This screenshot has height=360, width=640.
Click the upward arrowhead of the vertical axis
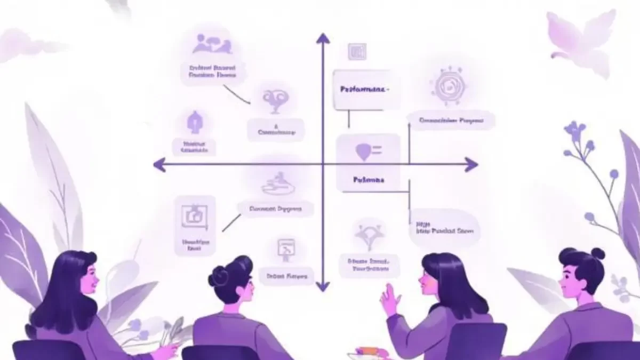coord(323,38)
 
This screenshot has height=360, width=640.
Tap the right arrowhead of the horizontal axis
coord(471,164)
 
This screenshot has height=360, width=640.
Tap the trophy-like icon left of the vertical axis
coord(276,100)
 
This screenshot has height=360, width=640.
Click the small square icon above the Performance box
coord(357,52)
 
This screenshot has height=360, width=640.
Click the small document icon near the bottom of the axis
coord(286,249)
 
